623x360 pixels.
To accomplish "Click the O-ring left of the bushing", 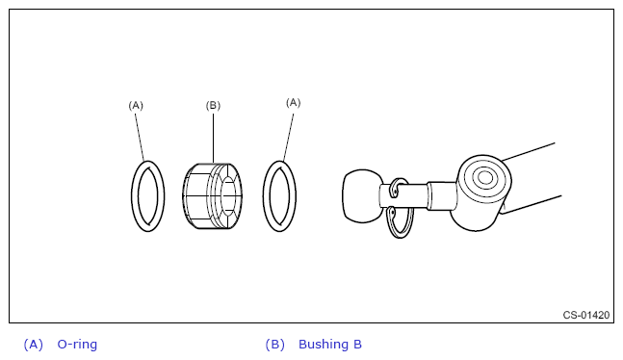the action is (x=134, y=196).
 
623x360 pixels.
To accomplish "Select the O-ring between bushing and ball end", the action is (x=265, y=196).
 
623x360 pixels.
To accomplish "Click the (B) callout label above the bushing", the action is (x=213, y=105).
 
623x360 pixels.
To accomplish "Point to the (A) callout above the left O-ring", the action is (x=136, y=105).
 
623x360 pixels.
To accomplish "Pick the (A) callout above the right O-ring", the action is (x=294, y=103).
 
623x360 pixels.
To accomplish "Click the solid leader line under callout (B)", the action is (x=213, y=138).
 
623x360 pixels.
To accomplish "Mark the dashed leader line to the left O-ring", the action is (x=140, y=137).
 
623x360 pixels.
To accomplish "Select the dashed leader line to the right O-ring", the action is (x=289, y=137).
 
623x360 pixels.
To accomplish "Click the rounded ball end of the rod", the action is (x=361, y=196).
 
